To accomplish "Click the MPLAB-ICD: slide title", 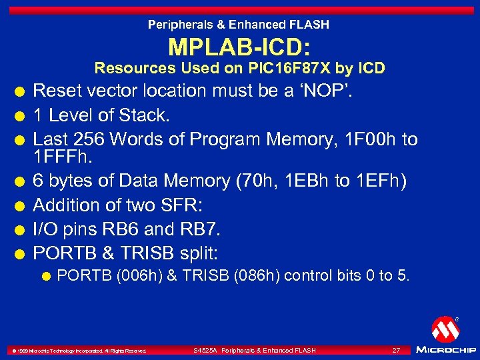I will coord(239,47).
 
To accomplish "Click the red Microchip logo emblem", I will coord(445,329).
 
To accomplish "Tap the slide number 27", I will coord(396,350).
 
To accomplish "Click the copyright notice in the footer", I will coord(77,351).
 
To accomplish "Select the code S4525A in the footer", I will coord(205,350).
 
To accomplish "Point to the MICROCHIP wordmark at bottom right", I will coord(445,350).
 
